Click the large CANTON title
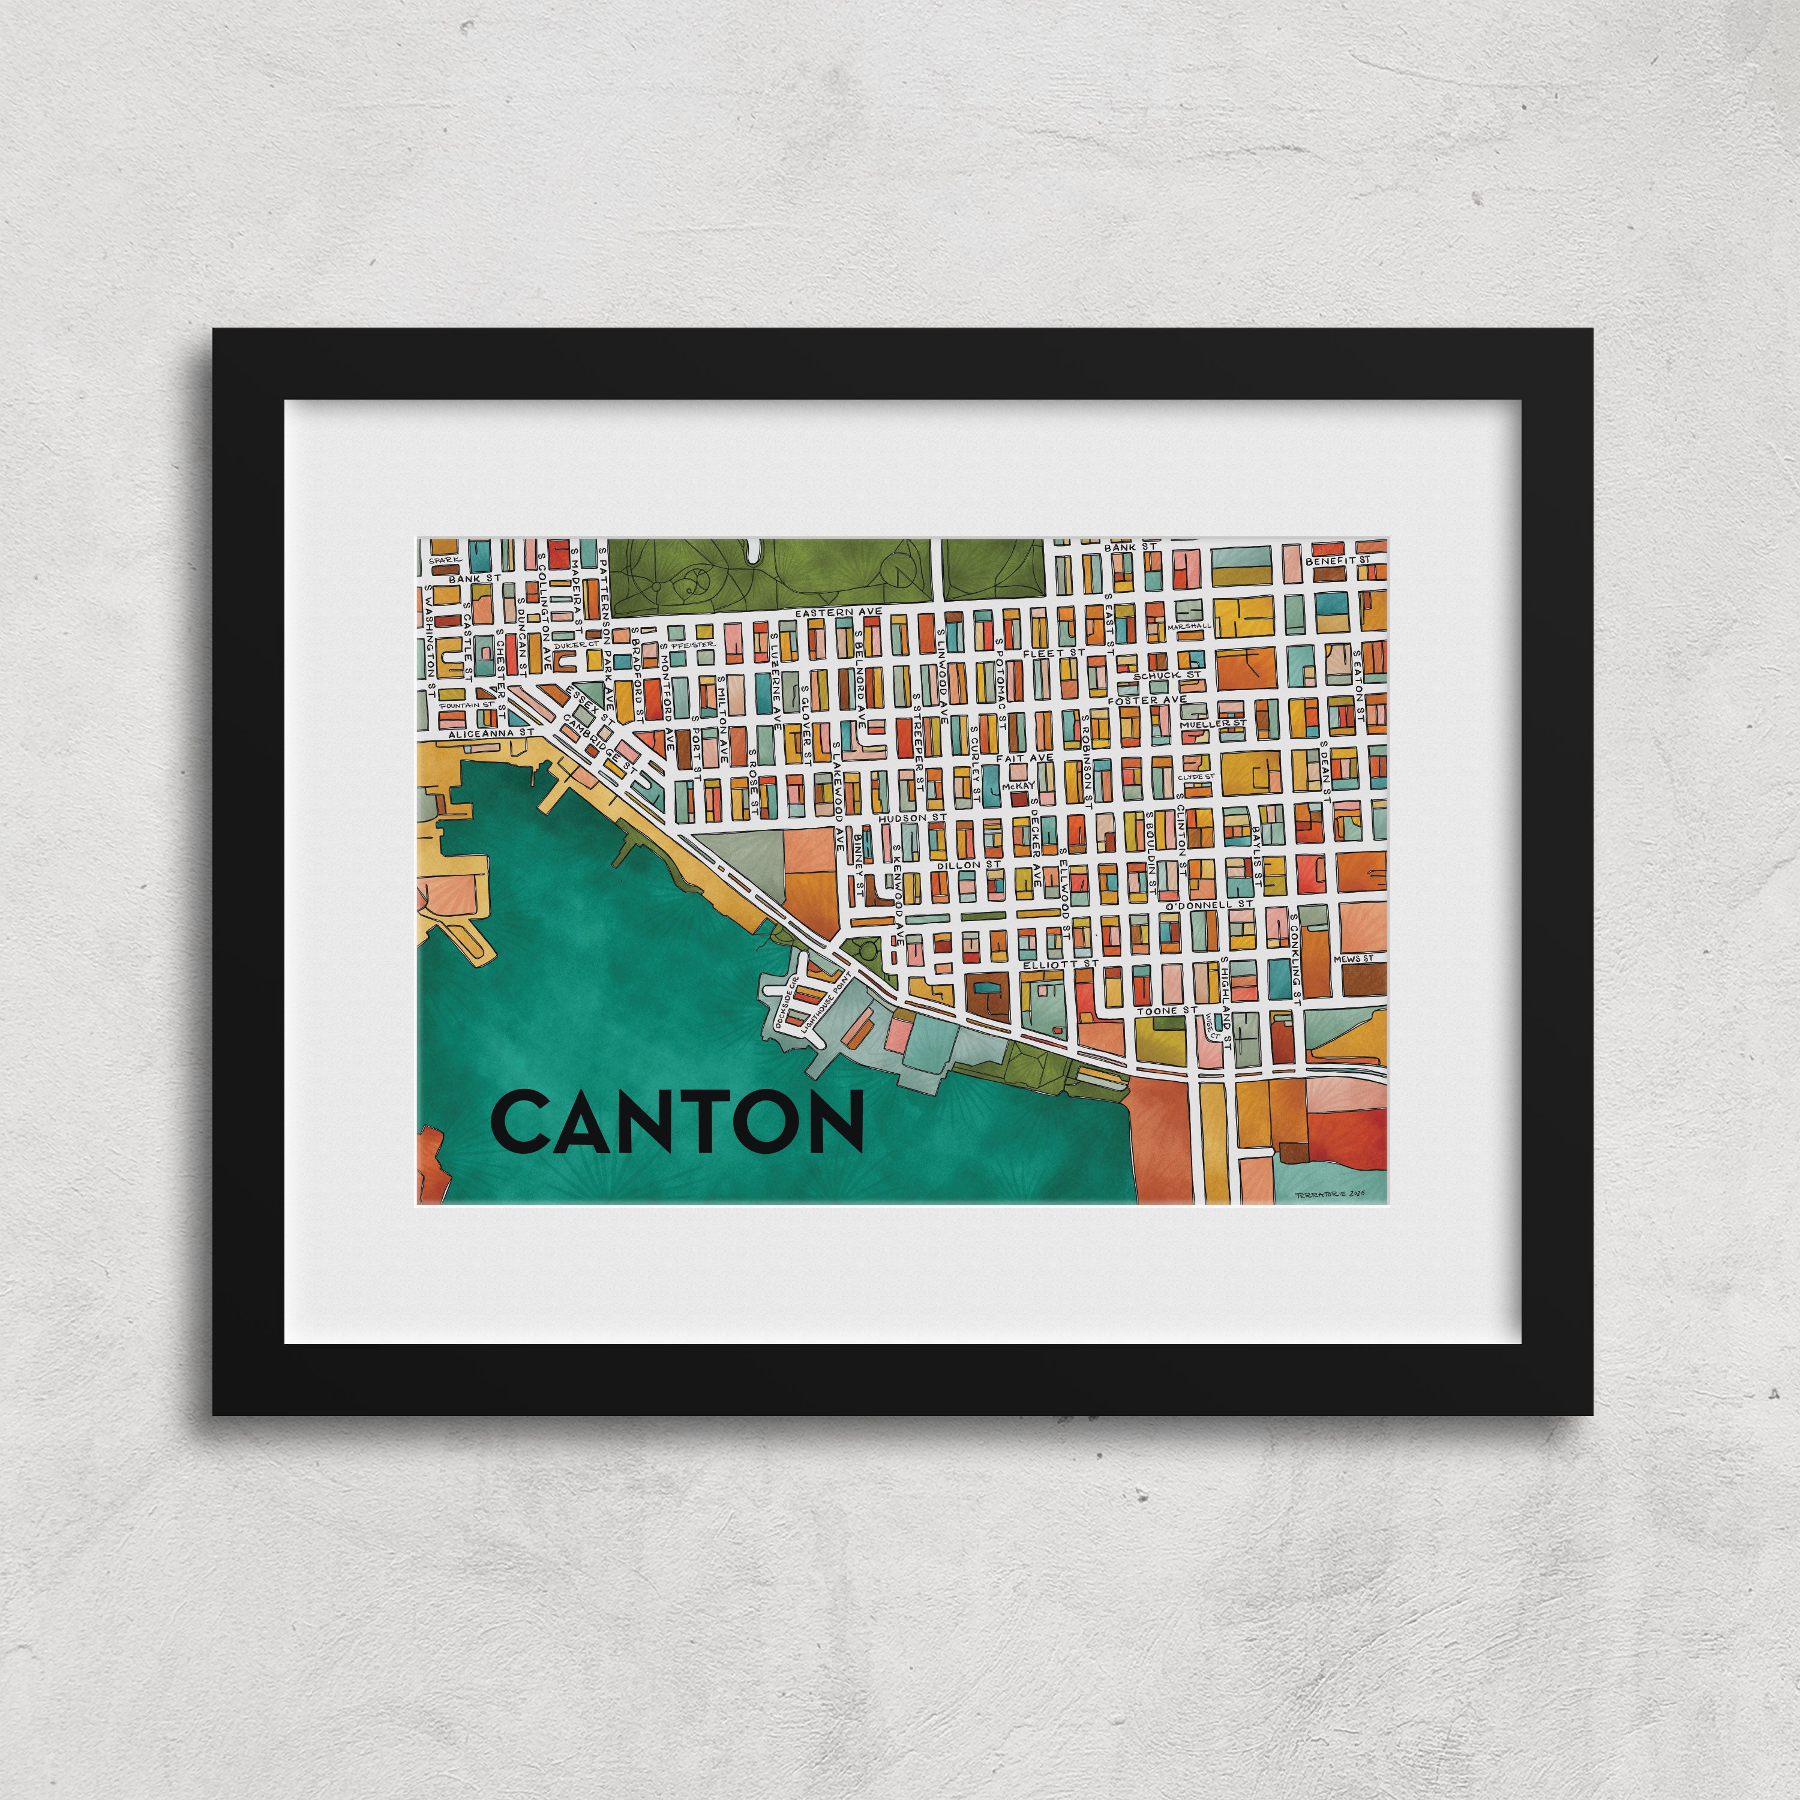677,1122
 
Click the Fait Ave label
1025,758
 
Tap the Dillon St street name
969,865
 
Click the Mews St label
1353,959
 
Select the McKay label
1018,785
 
